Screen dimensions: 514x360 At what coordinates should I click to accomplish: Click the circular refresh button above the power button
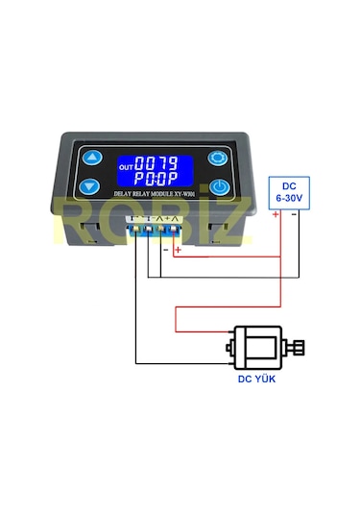pyautogui.click(x=219, y=159)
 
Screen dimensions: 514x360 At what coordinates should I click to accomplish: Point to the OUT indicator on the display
pyautogui.click(x=125, y=166)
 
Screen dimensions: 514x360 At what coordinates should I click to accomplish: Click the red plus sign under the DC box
pyautogui.click(x=276, y=214)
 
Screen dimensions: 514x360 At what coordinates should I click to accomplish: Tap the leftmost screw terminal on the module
pyautogui.click(x=137, y=226)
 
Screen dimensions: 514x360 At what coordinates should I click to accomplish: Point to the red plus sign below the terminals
pyautogui.click(x=177, y=251)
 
